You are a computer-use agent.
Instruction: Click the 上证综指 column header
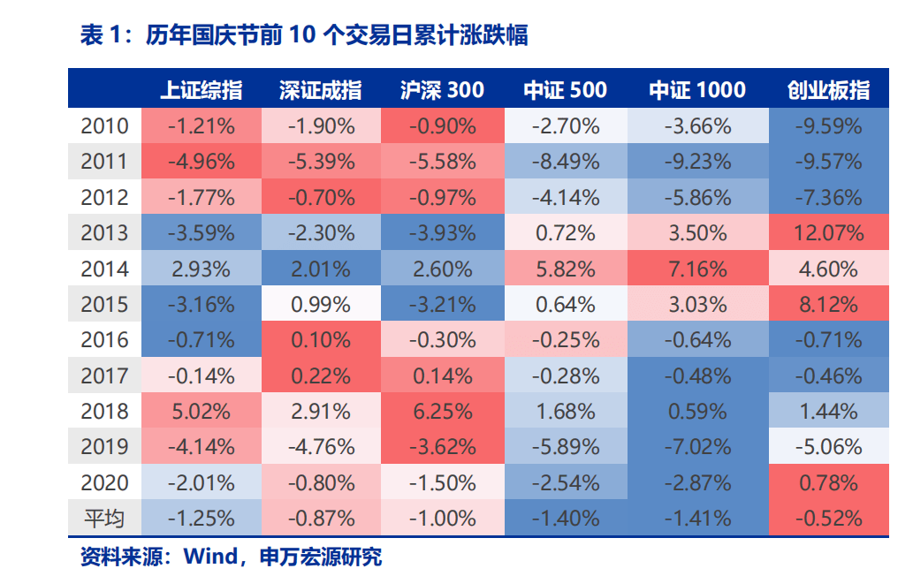point(201,90)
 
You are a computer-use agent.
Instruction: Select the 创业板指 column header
point(828,90)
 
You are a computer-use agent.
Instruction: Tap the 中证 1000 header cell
point(697,90)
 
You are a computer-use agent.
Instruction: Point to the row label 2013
point(104,233)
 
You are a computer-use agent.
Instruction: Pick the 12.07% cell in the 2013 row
point(828,233)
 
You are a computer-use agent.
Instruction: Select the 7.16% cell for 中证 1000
point(697,269)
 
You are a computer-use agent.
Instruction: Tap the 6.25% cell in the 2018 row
point(442,412)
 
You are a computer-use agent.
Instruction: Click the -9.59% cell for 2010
point(828,126)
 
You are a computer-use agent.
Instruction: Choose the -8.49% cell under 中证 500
point(566,162)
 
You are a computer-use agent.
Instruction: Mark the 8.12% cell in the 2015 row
point(828,305)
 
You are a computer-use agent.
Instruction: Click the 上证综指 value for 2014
point(201,269)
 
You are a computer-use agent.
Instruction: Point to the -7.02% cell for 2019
point(697,447)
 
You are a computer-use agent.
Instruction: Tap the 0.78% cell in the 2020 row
point(828,483)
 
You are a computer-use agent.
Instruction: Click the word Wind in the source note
point(209,557)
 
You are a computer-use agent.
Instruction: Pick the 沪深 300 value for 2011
point(442,162)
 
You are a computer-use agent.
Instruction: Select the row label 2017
point(104,375)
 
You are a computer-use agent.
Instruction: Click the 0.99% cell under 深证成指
point(321,305)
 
